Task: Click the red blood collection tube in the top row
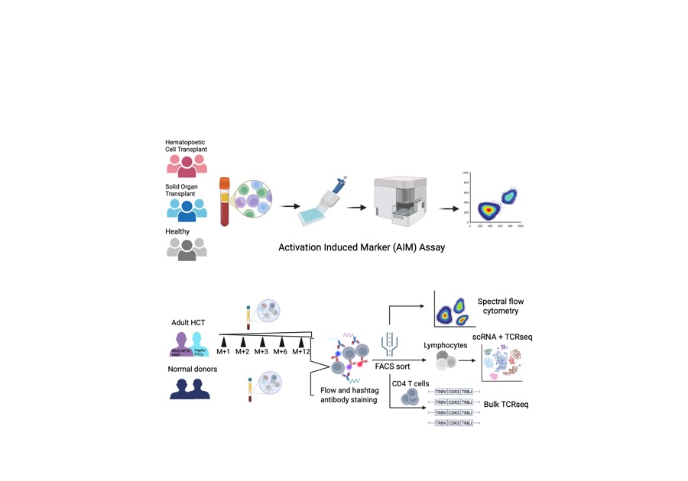[225, 202]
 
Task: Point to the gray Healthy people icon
[187, 248]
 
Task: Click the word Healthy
[177, 231]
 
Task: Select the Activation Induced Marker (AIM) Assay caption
[362, 247]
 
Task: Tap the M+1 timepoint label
[223, 351]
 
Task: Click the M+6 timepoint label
[282, 351]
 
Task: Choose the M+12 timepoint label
[301, 351]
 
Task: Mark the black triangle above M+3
[262, 341]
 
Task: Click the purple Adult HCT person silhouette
[180, 344]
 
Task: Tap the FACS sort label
[392, 366]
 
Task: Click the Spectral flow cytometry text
[500, 306]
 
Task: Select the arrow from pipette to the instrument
[356, 205]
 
